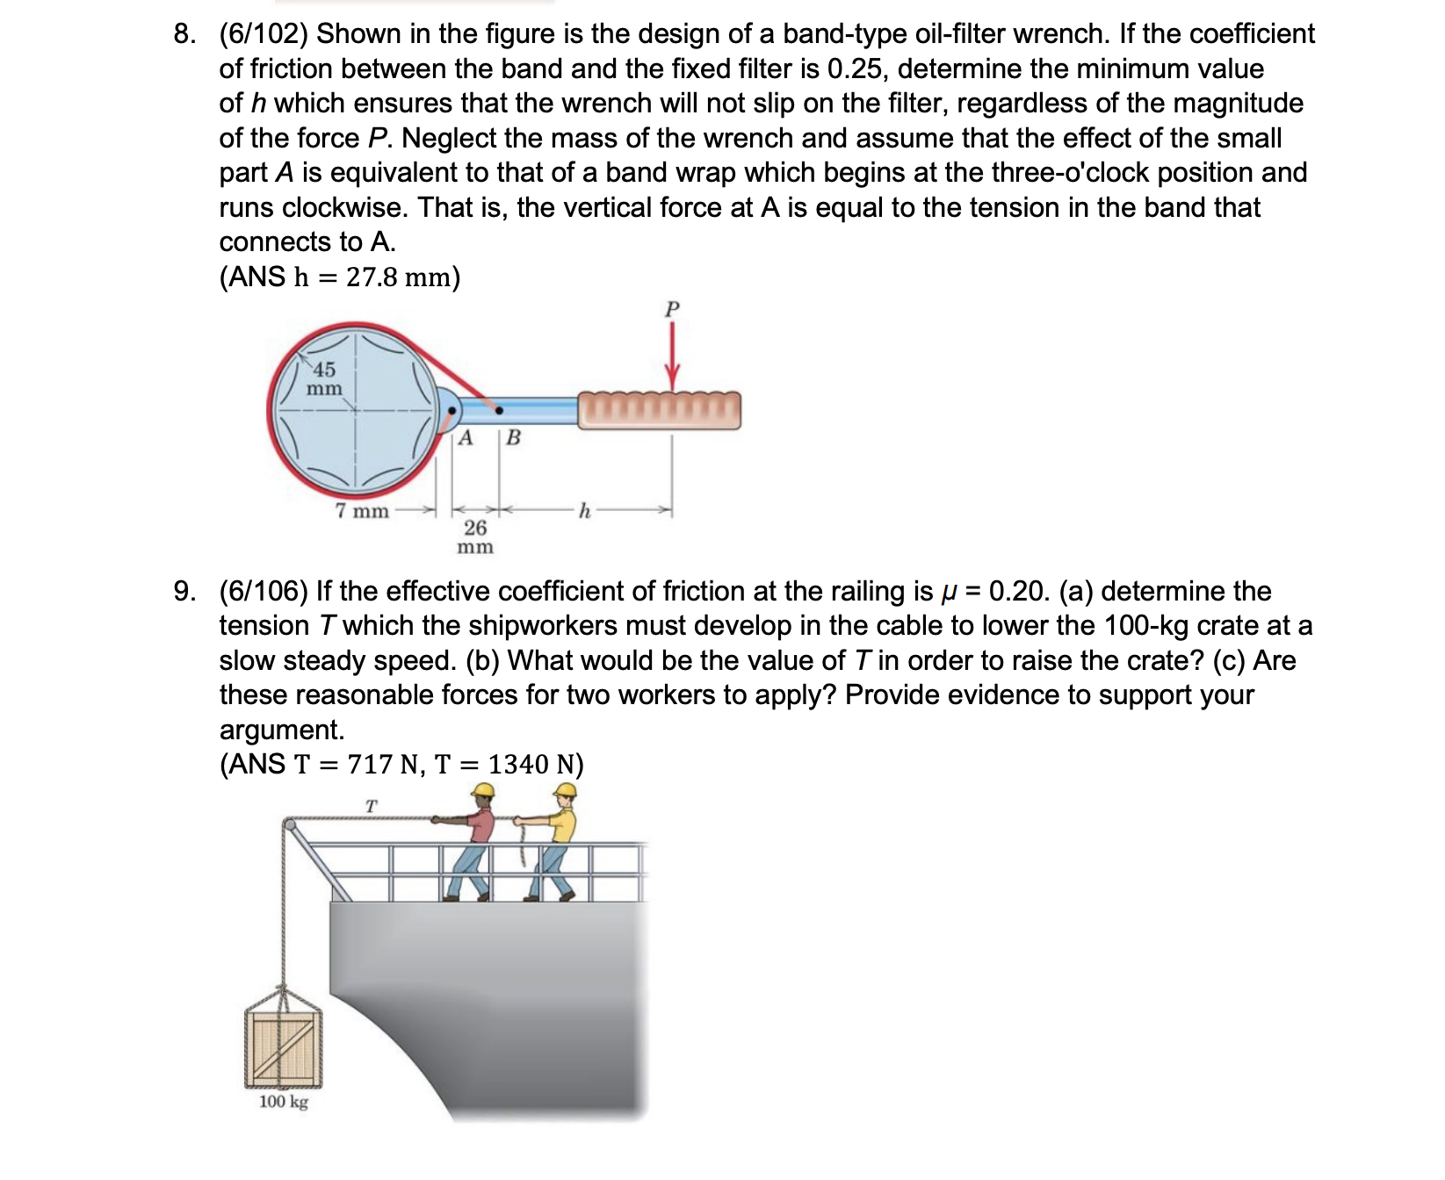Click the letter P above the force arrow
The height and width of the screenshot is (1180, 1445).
point(672,309)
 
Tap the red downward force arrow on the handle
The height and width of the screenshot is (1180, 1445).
point(672,356)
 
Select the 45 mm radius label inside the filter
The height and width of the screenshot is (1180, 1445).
point(324,378)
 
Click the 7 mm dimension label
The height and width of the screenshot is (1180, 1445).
point(362,511)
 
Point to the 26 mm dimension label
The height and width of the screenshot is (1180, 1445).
point(475,536)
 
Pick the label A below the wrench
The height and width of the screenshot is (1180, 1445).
point(466,437)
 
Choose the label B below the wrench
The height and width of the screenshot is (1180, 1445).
point(514,437)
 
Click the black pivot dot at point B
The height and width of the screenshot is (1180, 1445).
point(499,410)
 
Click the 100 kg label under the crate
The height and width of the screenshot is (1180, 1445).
point(284,1102)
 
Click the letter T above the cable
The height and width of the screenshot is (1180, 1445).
point(371,805)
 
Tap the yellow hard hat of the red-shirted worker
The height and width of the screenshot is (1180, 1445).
point(482,790)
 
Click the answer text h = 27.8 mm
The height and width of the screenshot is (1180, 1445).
point(376,277)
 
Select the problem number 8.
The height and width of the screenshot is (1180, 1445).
point(184,34)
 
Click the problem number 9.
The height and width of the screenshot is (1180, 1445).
point(184,591)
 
